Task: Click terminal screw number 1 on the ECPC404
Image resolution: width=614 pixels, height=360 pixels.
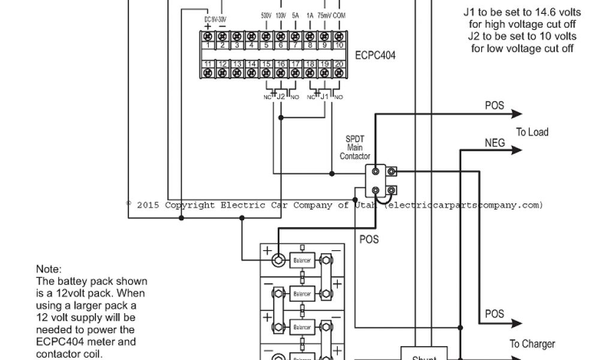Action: [x=207, y=37]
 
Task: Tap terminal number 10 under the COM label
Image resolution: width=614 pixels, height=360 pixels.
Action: [x=339, y=37]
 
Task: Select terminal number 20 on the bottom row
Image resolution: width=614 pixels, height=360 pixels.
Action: [x=339, y=72]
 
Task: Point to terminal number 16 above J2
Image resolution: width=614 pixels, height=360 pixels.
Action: [x=280, y=72]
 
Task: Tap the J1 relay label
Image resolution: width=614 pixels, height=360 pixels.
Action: [x=324, y=96]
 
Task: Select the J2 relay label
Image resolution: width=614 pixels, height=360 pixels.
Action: [x=280, y=96]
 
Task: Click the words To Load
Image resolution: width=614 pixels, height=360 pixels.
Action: [x=532, y=132]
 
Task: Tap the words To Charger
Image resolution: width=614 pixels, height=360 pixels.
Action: [x=532, y=344]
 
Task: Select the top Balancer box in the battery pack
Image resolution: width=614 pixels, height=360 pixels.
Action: [x=301, y=261]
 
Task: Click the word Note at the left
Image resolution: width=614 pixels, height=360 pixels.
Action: [x=49, y=269]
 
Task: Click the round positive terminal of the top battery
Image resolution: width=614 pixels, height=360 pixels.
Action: [x=277, y=261]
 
